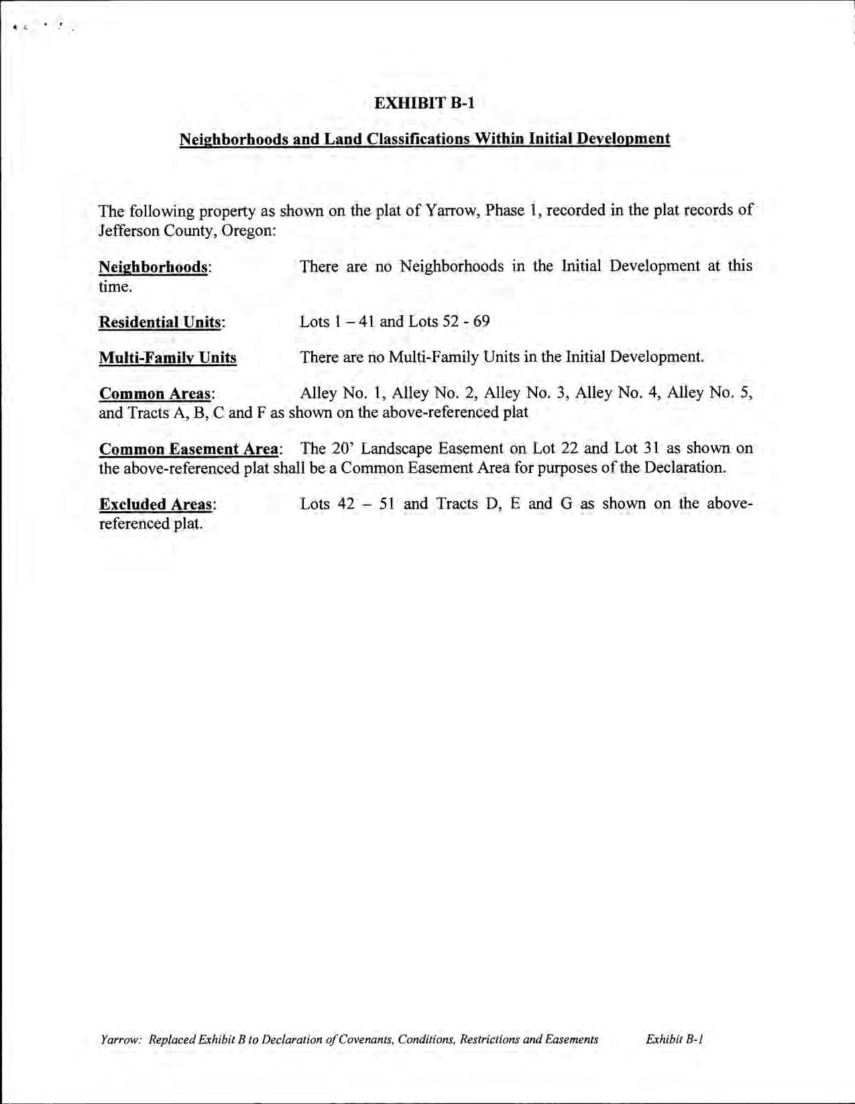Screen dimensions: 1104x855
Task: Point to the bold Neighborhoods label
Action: coord(153,267)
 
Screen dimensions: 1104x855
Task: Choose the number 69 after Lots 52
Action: coord(481,321)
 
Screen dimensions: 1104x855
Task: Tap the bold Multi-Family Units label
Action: coord(168,357)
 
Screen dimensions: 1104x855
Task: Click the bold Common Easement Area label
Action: coord(188,449)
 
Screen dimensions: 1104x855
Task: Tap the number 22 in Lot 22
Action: coord(570,448)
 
